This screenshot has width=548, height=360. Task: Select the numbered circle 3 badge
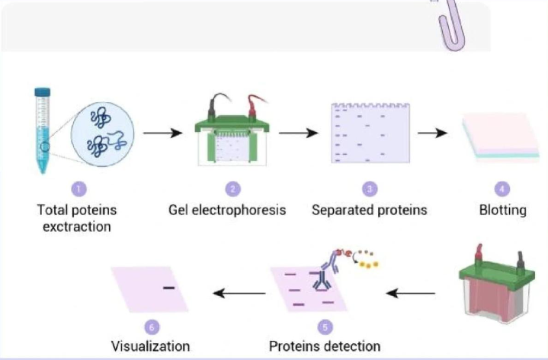point(369,188)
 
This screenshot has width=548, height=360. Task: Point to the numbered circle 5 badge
point(325,327)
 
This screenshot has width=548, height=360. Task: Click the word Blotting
point(503,210)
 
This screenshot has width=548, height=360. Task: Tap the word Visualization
point(151,346)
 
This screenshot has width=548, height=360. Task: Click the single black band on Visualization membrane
point(168,288)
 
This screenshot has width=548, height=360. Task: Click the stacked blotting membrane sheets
point(501,137)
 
